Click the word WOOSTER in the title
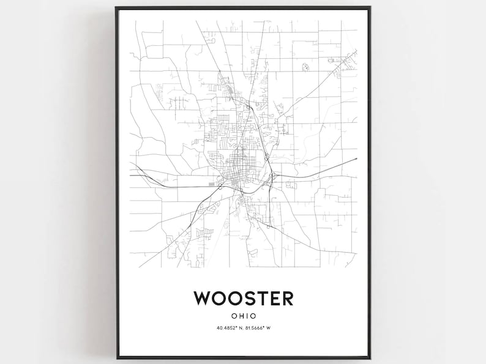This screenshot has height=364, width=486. [x=243, y=298]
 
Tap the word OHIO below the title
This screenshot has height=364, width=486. [x=244, y=317]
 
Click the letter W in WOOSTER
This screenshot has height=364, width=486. [x=203, y=298]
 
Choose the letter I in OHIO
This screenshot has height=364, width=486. [x=247, y=317]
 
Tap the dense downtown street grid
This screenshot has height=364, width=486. [x=235, y=169]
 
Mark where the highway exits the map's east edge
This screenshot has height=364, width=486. [x=356, y=160]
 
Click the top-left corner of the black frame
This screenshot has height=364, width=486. [x=116, y=7]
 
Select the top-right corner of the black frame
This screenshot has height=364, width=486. [x=371, y=7]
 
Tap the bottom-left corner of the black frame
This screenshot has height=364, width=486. [x=116, y=358]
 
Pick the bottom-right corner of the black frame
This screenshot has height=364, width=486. [x=371, y=358]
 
